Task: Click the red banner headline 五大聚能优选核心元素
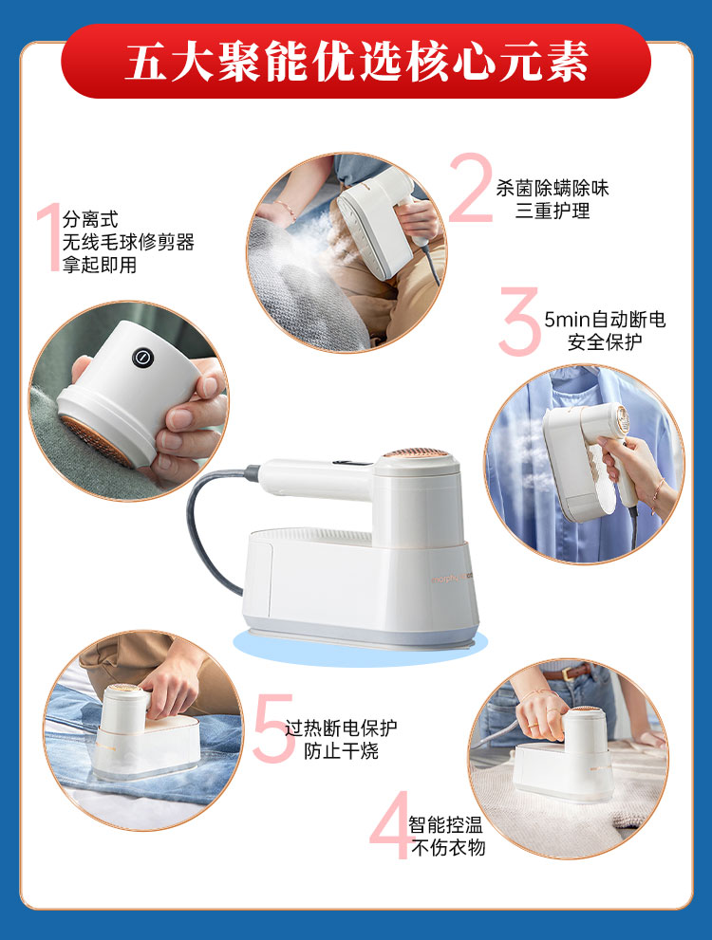coord(356,62)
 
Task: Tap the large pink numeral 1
coord(49,237)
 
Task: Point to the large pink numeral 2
coord(470,187)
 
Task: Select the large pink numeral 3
coord(519,321)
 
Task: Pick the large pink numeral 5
coord(273,728)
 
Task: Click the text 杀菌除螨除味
coord(552,188)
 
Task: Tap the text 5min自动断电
coord(605,320)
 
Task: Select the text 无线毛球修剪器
coord(128,242)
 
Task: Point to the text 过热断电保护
coord(341,728)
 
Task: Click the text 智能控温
coord(445,825)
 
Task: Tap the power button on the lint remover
coord(142,358)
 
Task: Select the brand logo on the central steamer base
coord(453,580)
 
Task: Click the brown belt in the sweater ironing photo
coord(573,672)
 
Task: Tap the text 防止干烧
coord(341,751)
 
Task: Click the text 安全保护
coord(605,342)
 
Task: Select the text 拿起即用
coord(100,265)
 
